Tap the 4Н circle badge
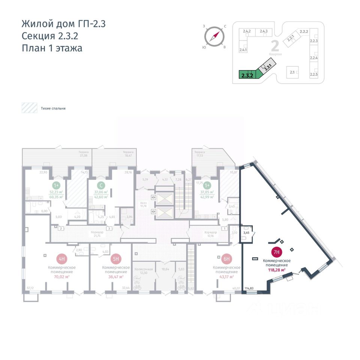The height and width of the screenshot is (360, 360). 62,258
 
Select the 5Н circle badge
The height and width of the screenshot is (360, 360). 116,258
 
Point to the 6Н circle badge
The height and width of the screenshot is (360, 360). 226,258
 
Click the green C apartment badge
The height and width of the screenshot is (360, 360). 100,185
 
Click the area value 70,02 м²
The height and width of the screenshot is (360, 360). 62,277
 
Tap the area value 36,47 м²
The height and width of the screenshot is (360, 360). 116,277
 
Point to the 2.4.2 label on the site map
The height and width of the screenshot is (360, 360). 246,31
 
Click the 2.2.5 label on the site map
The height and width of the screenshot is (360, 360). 314,74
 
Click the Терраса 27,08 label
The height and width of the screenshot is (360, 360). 84,154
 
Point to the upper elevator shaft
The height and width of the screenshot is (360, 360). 164,197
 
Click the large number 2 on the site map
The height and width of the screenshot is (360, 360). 274,46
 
